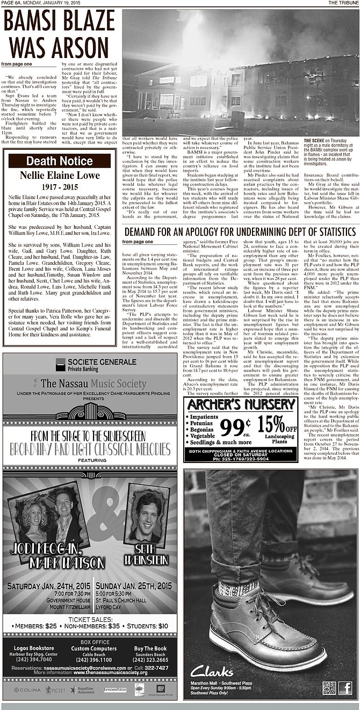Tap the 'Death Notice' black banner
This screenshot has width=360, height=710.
[59, 161]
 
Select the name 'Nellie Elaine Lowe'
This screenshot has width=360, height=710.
[59, 175]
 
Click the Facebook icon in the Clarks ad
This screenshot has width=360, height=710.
[345, 688]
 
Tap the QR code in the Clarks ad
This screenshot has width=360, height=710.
[329, 688]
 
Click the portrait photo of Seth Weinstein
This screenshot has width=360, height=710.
[146, 516]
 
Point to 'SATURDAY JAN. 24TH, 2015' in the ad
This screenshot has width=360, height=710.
[48, 586]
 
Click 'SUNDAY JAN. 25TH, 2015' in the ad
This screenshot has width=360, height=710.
[134, 586]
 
